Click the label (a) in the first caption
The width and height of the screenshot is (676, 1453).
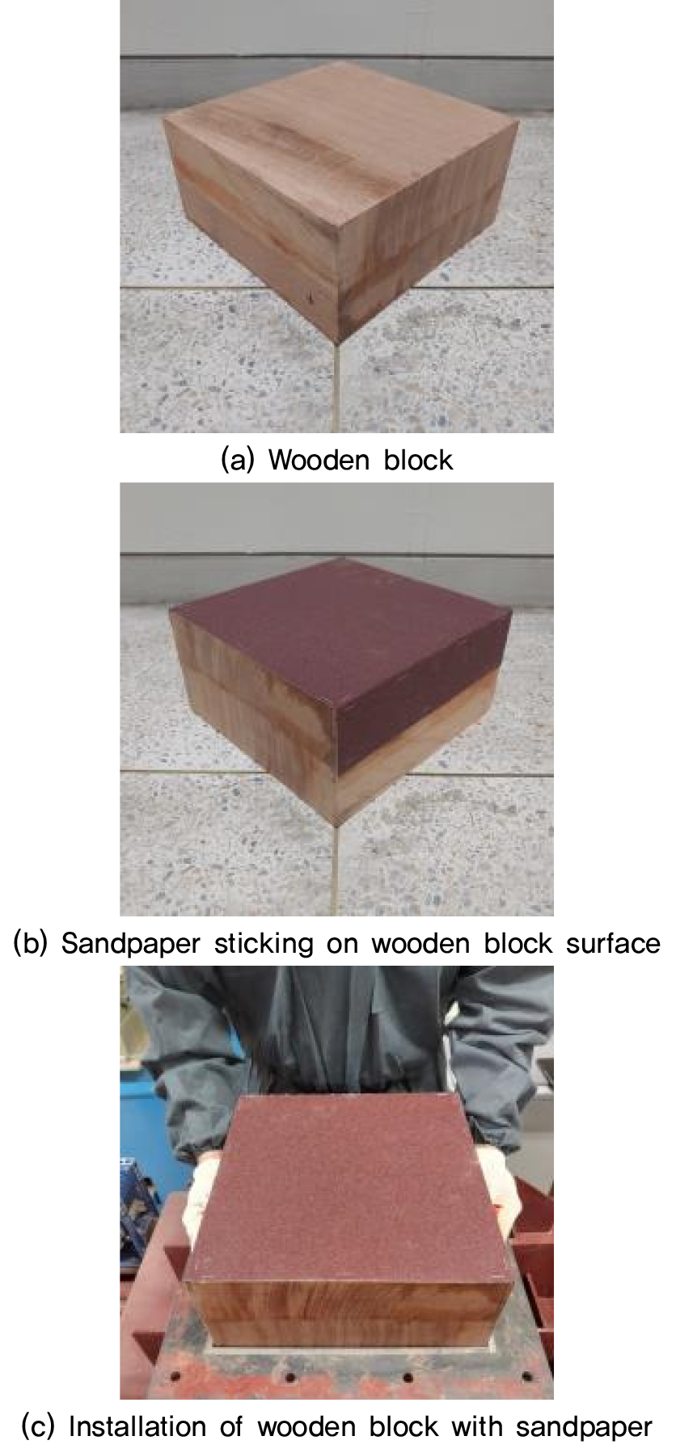pos(238,460)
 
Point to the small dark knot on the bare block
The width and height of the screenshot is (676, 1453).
pos(308,300)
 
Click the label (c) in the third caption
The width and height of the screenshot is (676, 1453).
pos(37,1426)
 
